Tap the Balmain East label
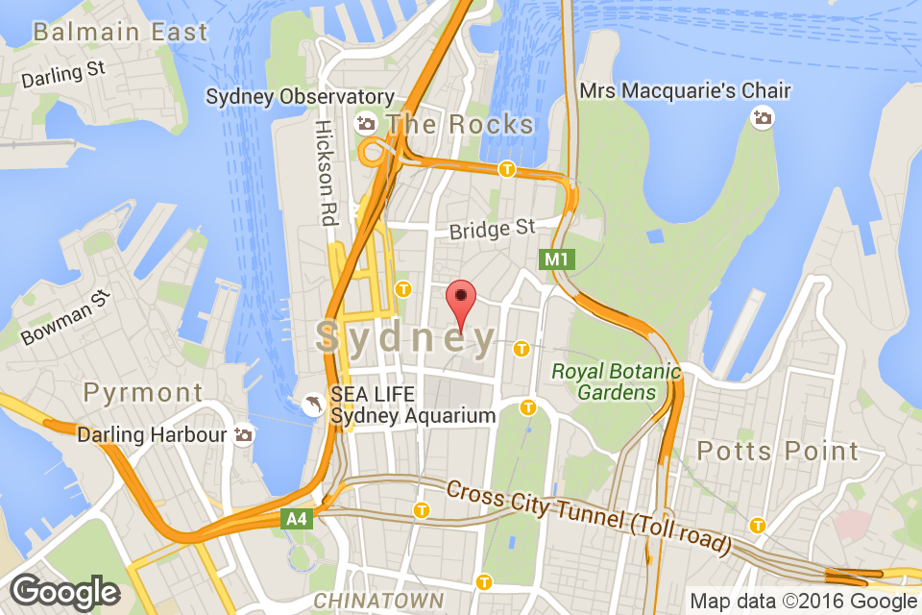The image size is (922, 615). click(120, 32)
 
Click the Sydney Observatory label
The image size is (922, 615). click(300, 97)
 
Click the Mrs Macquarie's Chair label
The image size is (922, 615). click(686, 91)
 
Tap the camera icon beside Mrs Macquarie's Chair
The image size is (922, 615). click(763, 117)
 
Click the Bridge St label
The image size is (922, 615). click(492, 229)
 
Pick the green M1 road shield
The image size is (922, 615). click(556, 258)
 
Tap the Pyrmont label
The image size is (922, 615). click(143, 392)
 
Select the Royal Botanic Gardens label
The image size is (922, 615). click(616, 381)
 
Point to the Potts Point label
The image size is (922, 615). click(778, 450)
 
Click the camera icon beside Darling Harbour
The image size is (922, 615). click(244, 435)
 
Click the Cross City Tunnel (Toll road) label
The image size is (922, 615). click(589, 516)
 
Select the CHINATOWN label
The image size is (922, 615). click(373, 602)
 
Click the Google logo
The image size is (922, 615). click(65, 591)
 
